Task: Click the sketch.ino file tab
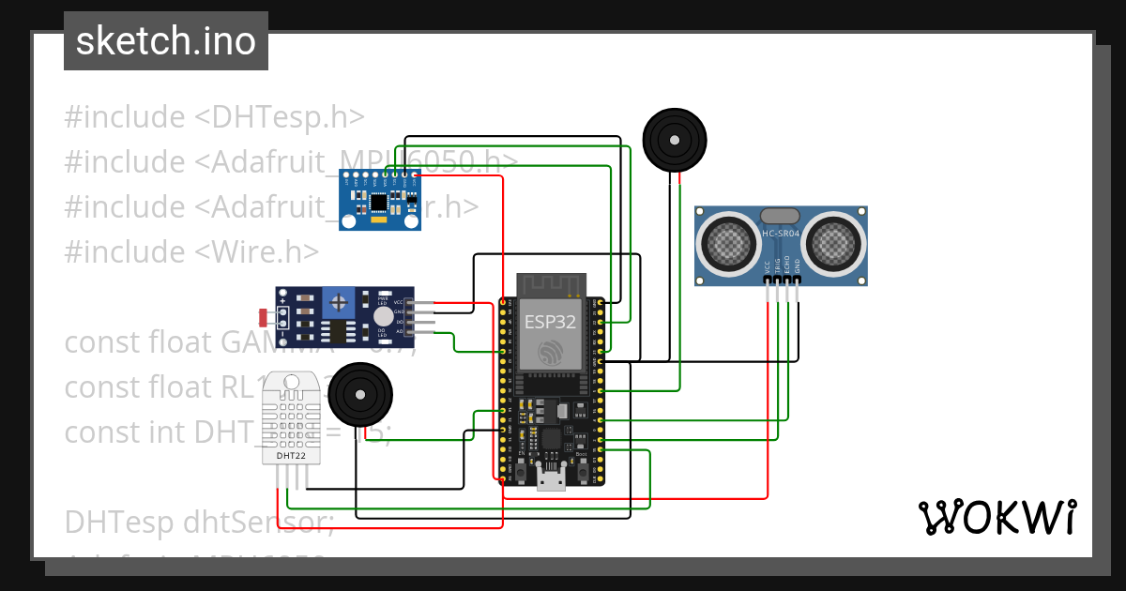click(165, 41)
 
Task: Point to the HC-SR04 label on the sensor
click(781, 234)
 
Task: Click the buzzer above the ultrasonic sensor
click(675, 139)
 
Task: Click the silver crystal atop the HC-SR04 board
click(781, 217)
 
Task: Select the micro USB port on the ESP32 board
click(551, 483)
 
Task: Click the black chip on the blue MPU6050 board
click(378, 202)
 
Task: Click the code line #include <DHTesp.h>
click(214, 117)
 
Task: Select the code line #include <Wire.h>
click(191, 251)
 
